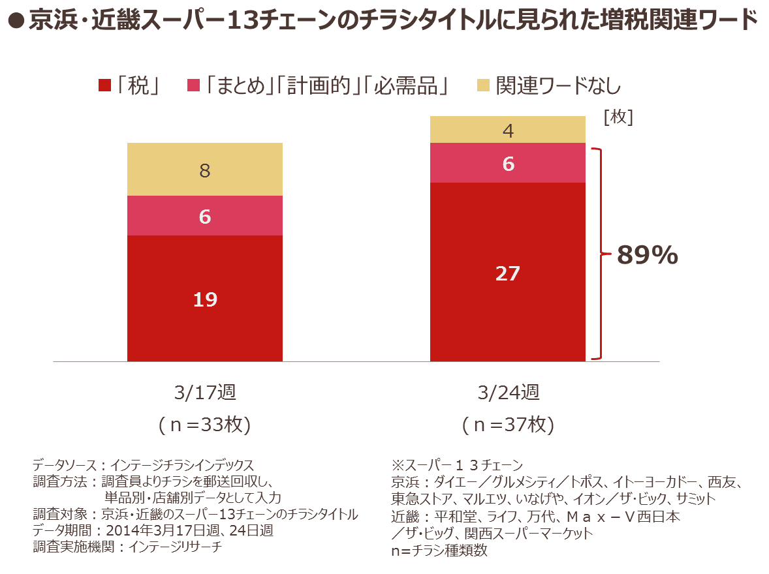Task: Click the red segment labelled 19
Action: [x=205, y=298]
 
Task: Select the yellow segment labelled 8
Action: [x=205, y=170]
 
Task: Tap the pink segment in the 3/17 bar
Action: [x=205, y=216]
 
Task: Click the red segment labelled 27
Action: [x=508, y=272]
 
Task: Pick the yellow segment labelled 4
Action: [x=508, y=130]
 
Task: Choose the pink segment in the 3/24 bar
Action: [x=508, y=163]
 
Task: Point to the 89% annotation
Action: [x=648, y=256]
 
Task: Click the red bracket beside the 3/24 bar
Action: [x=597, y=254]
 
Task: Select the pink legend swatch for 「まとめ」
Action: [x=193, y=85]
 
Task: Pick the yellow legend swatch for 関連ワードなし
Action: [x=483, y=85]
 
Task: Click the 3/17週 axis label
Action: [x=205, y=393]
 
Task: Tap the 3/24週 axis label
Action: [x=508, y=393]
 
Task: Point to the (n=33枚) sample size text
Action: [x=205, y=425]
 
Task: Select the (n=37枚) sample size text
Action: [x=508, y=425]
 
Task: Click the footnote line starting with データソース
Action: [x=143, y=466]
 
